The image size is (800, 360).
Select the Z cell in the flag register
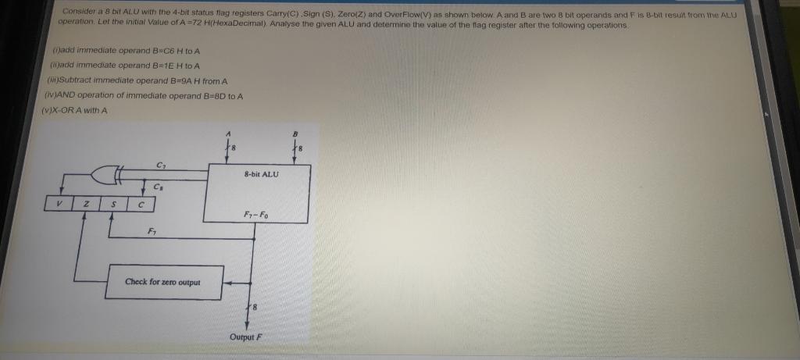point(87,205)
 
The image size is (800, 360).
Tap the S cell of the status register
point(113,205)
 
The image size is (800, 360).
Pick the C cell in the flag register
point(141,205)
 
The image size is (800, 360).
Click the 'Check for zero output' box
point(163,281)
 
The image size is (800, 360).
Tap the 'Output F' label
point(247,337)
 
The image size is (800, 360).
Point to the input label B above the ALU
point(296,133)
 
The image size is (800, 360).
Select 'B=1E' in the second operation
point(140,66)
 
